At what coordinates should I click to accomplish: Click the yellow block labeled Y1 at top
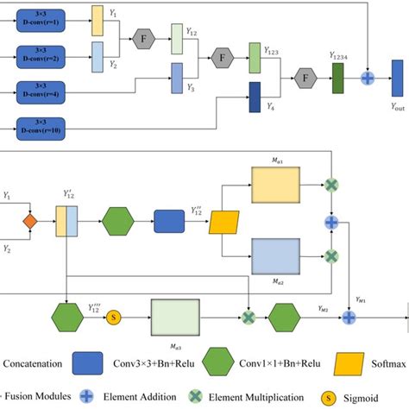(x=98, y=22)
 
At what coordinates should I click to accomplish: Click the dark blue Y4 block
(x=255, y=96)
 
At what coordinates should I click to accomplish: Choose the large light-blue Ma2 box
(x=274, y=256)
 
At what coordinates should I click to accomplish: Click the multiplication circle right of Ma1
(x=330, y=185)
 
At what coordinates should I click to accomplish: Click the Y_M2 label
(x=323, y=305)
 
